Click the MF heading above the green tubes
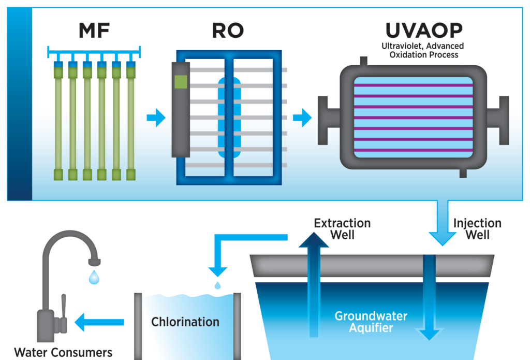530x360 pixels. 94,31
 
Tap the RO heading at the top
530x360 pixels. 228,31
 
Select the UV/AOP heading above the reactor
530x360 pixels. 423,31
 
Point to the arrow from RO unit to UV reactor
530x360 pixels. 302,118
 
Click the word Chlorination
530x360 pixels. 185,322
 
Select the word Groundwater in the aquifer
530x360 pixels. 371,316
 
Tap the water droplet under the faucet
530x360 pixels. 94,278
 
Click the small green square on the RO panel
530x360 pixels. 181,82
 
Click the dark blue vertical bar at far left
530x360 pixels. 20,104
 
